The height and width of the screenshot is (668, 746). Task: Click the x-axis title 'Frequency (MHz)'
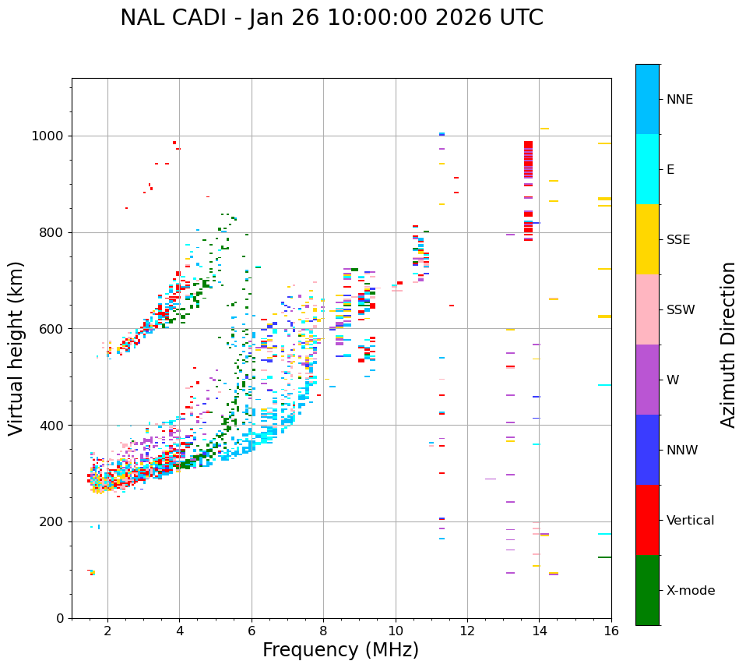pos(340,650)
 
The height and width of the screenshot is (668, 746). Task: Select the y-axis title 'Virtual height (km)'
pos(16,348)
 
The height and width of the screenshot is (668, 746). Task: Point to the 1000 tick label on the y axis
pos(48,136)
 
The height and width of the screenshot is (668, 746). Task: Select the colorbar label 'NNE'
pos(679,100)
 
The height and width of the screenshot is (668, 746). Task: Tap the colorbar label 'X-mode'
pos(690,591)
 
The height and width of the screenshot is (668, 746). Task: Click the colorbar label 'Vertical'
pos(690,521)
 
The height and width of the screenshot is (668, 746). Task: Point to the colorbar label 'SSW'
pos(681,310)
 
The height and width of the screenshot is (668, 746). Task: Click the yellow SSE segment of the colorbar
pos(647,239)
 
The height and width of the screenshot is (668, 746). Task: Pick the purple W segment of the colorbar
pos(647,380)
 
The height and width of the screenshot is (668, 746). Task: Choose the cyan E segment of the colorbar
pos(647,169)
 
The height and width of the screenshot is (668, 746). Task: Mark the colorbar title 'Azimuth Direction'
pos(728,345)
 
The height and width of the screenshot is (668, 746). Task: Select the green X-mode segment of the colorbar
pos(647,590)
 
